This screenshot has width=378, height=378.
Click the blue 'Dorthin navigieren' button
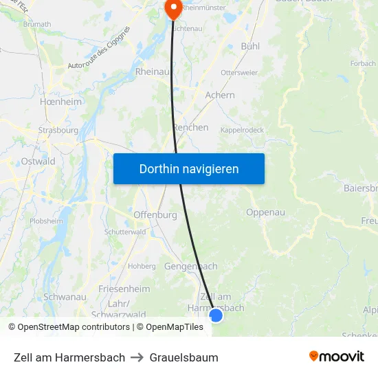pos(189,168)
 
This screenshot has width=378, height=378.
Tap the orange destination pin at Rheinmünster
pos(172,9)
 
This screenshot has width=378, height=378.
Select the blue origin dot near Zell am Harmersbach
pos(216,315)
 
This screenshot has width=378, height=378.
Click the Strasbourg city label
pos(58,129)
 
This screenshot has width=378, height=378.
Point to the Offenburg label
pos(155,214)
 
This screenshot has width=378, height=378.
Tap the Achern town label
pos(220,96)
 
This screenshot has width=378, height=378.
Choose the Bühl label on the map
pos(250,46)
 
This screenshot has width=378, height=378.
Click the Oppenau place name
pos(265,212)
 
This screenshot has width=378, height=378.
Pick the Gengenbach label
pos(191,266)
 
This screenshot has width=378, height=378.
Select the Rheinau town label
pos(153,71)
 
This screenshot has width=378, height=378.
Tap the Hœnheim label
pos(61,102)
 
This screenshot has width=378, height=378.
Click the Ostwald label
pos(38,162)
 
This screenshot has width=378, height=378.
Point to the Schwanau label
pos(64,296)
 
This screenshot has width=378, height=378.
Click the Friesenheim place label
pos(124,289)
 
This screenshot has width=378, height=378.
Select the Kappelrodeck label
pos(242,130)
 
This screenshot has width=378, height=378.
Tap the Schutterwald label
pos(124,232)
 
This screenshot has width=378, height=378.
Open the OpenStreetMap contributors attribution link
pos(74,327)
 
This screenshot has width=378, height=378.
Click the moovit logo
pos(337,357)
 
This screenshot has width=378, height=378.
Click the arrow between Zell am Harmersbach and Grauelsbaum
pos(137,357)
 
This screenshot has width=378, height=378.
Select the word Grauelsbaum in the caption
pos(184,357)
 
